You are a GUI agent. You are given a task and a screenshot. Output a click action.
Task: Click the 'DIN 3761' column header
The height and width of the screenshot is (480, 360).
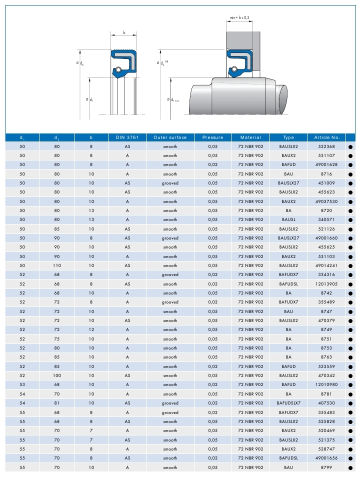click(127, 137)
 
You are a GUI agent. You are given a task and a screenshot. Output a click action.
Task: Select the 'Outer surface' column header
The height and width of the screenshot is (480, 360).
click(170, 137)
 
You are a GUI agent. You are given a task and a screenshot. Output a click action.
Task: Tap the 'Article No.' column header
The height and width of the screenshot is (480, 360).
click(327, 137)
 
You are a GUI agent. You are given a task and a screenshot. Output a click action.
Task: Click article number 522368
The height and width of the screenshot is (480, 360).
click(327, 146)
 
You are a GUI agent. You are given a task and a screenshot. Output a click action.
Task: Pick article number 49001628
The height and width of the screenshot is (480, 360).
click(327, 164)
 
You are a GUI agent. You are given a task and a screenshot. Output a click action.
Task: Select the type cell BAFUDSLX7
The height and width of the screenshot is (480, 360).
click(288, 403)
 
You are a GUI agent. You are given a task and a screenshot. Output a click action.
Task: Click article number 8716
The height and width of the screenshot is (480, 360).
click(327, 174)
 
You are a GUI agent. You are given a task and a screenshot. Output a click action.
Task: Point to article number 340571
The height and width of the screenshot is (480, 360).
click(327, 219)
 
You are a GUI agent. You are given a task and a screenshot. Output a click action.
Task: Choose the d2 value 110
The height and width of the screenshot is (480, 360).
click(56, 265)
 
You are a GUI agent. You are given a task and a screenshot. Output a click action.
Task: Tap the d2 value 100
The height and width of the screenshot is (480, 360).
click(56, 375)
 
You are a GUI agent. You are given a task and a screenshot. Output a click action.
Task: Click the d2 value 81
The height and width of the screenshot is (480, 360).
click(56, 403)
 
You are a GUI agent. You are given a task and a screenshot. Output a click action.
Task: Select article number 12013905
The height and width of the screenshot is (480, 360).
click(327, 284)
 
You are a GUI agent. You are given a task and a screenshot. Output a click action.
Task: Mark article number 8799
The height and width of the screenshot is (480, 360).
click(327, 467)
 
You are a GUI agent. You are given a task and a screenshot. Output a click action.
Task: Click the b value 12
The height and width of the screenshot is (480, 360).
click(91, 330)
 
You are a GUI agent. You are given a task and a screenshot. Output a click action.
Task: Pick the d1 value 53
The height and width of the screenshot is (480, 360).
click(21, 384)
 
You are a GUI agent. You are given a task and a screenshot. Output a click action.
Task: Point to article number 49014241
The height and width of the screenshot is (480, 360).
click(327, 265)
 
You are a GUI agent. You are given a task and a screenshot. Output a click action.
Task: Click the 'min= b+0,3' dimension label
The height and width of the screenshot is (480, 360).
click(239, 18)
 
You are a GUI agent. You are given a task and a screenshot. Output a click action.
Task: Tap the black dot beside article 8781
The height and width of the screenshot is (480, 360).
click(350, 394)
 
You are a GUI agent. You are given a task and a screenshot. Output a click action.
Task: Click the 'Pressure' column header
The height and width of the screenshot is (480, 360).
click(212, 137)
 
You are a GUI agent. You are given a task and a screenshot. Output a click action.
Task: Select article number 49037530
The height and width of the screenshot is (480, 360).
click(327, 201)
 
